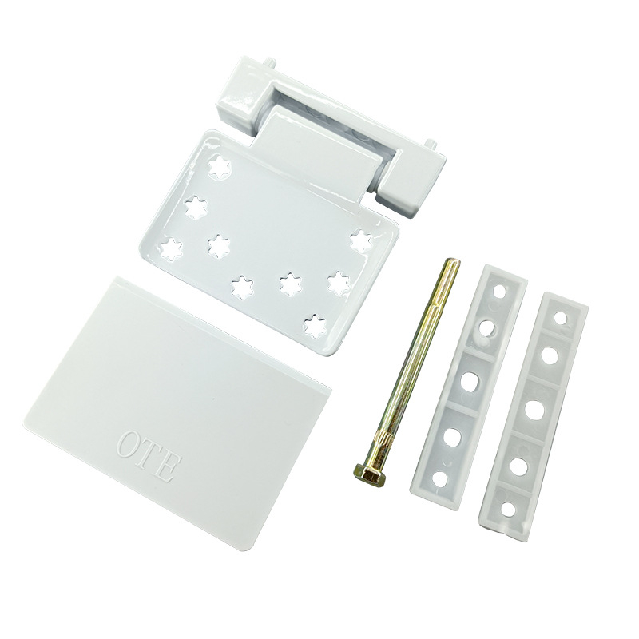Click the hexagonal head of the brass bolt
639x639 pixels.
pos(368,475)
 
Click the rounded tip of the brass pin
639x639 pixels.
pos(454,263)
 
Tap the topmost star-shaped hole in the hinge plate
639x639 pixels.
pos(220,167)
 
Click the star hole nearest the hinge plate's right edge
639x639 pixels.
pos(362,240)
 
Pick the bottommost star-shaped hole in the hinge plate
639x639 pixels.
pos(316,326)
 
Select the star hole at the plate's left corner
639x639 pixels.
pos(171,248)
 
